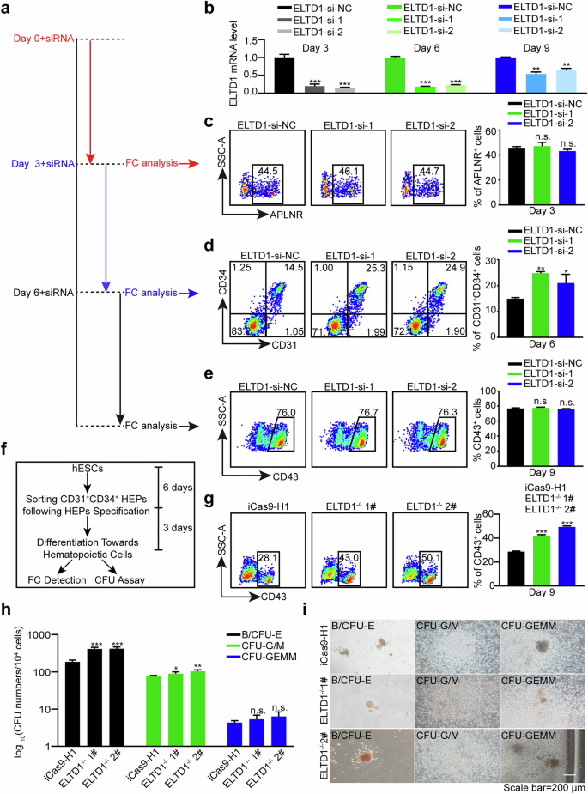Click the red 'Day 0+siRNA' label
(x=44, y=39)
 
